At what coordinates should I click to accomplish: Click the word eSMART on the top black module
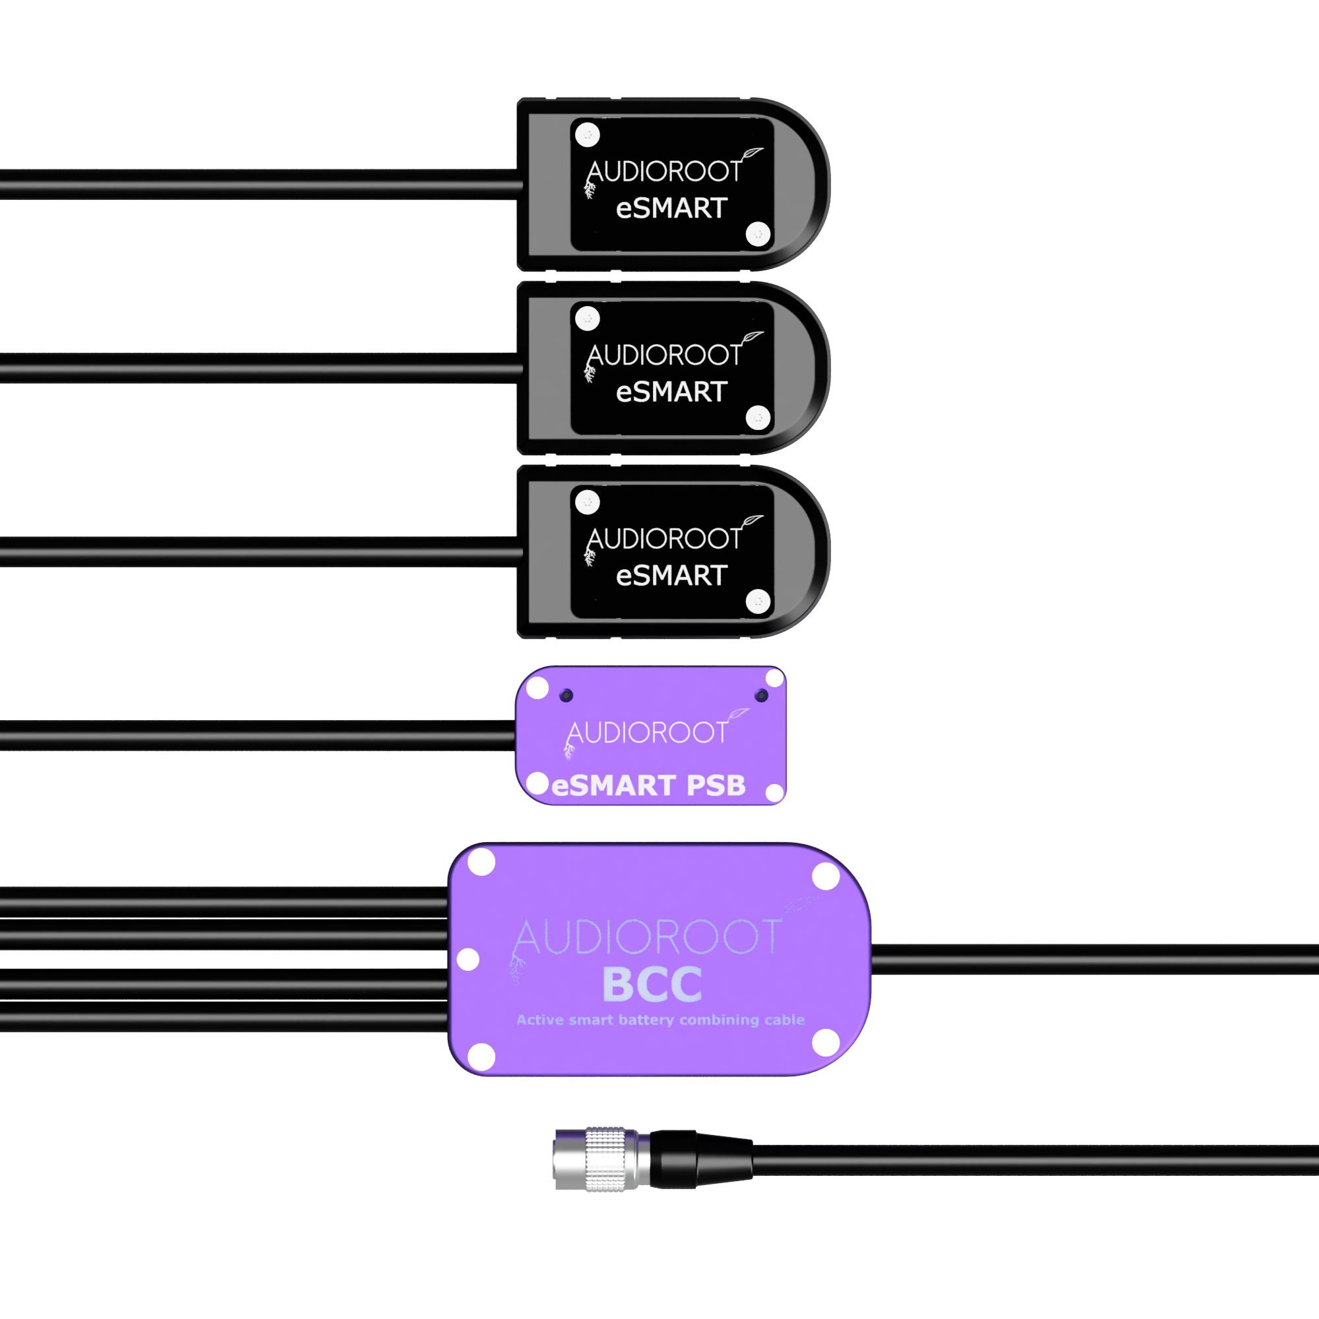(672, 208)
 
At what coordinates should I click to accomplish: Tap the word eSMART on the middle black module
(672, 392)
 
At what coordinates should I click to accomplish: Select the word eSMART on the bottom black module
(672, 576)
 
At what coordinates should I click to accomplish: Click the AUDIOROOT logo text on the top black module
(664, 171)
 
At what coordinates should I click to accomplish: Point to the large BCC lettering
(652, 985)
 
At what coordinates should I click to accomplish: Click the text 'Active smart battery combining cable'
(660, 1020)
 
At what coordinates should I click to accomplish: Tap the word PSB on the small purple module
(716, 786)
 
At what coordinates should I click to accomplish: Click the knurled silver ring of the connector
(606, 1160)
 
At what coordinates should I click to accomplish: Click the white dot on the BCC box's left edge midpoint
(468, 959)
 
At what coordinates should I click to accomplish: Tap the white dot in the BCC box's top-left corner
(481, 861)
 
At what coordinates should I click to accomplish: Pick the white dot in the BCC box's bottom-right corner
(826, 1043)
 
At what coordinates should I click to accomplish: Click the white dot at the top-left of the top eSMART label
(587, 135)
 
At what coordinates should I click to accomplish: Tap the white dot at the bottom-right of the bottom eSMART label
(758, 601)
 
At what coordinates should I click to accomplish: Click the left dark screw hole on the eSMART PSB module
(566, 696)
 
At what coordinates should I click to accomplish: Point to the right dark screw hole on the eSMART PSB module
(761, 696)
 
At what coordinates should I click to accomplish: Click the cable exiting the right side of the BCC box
(1095, 959)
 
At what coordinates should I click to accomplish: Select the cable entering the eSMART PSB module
(257, 736)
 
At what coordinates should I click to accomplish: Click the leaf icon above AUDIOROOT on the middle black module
(752, 336)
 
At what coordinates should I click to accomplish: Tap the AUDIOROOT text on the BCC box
(647, 936)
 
